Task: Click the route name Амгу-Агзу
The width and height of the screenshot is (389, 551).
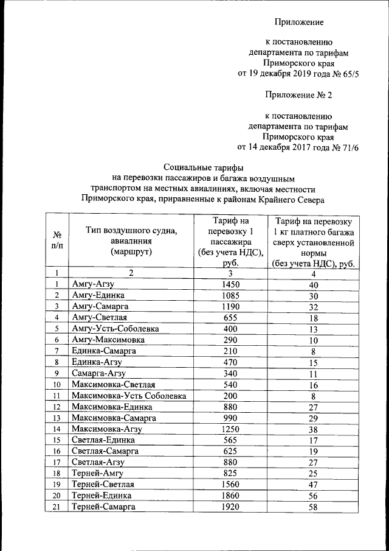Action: [93, 284]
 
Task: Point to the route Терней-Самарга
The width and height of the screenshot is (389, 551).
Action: [104, 507]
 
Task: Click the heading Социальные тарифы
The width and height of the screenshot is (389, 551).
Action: [204, 166]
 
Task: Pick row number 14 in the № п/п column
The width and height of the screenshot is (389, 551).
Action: [57, 429]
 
